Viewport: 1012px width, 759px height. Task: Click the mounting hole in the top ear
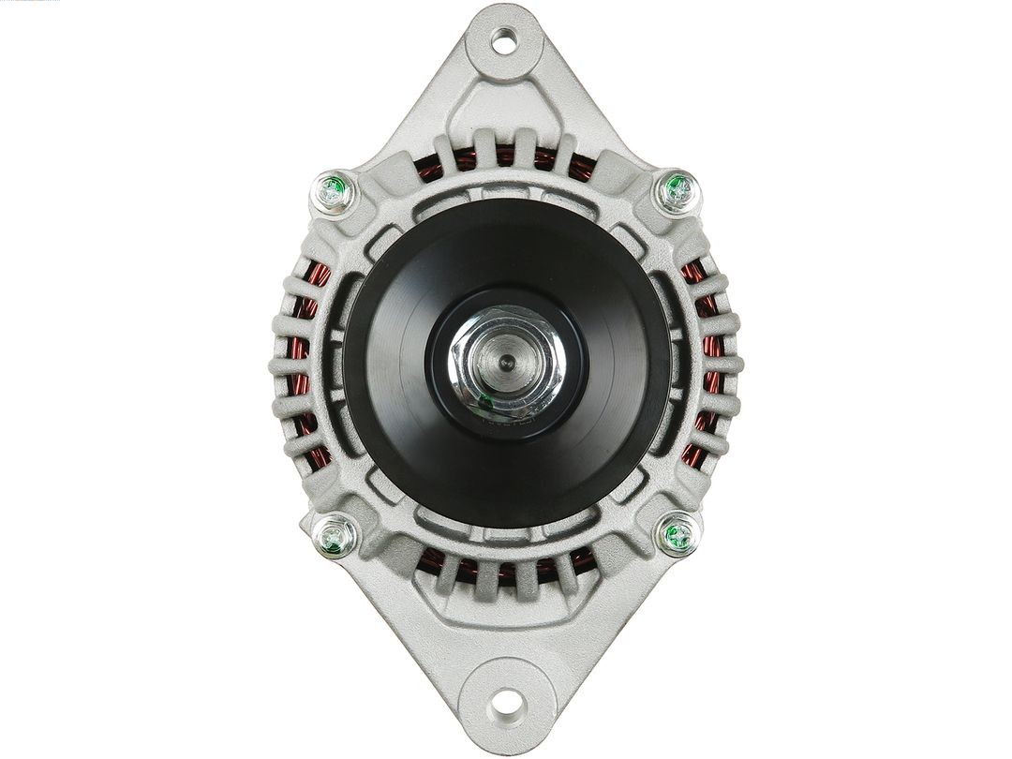(504, 39)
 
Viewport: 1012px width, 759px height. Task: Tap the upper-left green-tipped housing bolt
(333, 193)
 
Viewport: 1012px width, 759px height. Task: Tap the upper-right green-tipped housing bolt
(677, 191)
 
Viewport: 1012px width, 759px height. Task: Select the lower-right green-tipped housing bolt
(677, 535)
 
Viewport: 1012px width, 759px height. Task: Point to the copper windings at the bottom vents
(506, 566)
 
